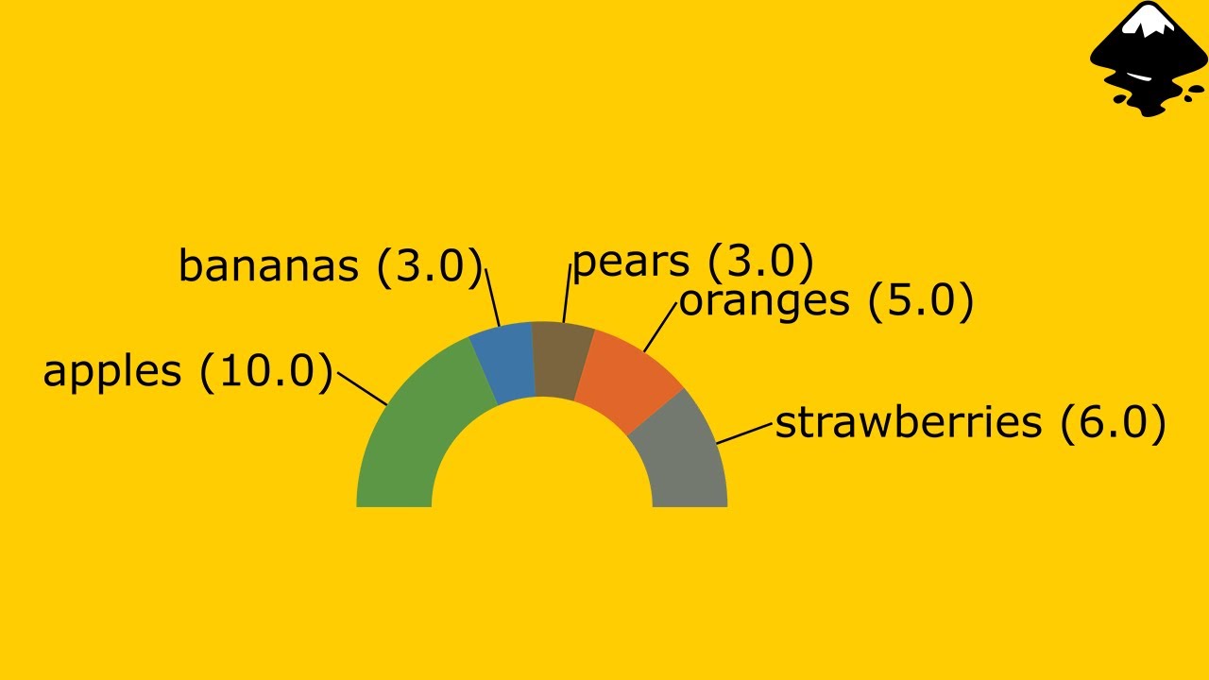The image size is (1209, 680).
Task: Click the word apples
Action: [x=111, y=371]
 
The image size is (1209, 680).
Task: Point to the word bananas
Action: [x=268, y=266]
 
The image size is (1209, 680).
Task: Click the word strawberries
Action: [x=908, y=423]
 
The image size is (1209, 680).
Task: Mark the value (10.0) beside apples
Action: [x=267, y=371]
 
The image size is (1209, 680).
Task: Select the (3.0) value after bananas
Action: [x=430, y=266]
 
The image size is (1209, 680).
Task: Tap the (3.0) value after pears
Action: [x=761, y=262]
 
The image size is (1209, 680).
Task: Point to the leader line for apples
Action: [x=362, y=388]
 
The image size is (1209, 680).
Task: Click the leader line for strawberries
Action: [x=745, y=433]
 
